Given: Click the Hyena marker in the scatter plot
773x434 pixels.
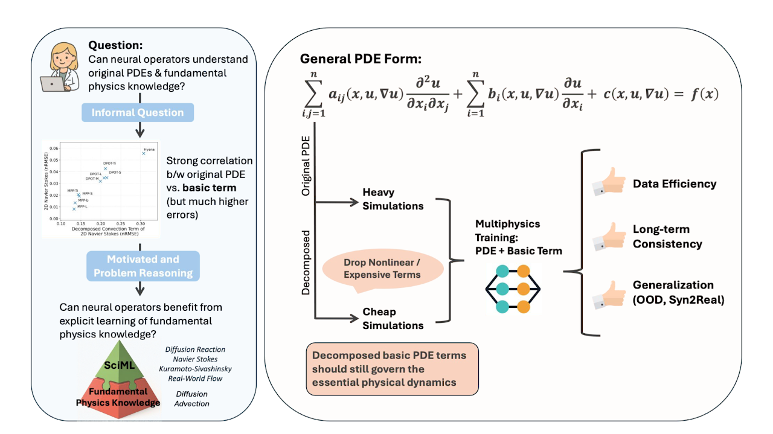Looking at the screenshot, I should [x=144, y=153].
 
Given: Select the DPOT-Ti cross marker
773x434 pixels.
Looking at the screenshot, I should [x=105, y=168].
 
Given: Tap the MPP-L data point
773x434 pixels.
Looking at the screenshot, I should [x=74, y=209].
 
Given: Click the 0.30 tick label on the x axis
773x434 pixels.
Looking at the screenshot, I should [x=140, y=223].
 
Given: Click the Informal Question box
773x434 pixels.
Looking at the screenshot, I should [x=138, y=112].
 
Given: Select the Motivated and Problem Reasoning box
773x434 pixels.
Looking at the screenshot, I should [x=143, y=266].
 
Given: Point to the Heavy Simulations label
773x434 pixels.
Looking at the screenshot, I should [x=393, y=199].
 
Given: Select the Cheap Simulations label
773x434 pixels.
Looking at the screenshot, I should [x=393, y=319].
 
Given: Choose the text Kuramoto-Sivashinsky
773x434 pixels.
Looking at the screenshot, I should [x=195, y=368].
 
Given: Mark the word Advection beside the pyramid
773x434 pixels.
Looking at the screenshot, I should [x=191, y=403].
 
